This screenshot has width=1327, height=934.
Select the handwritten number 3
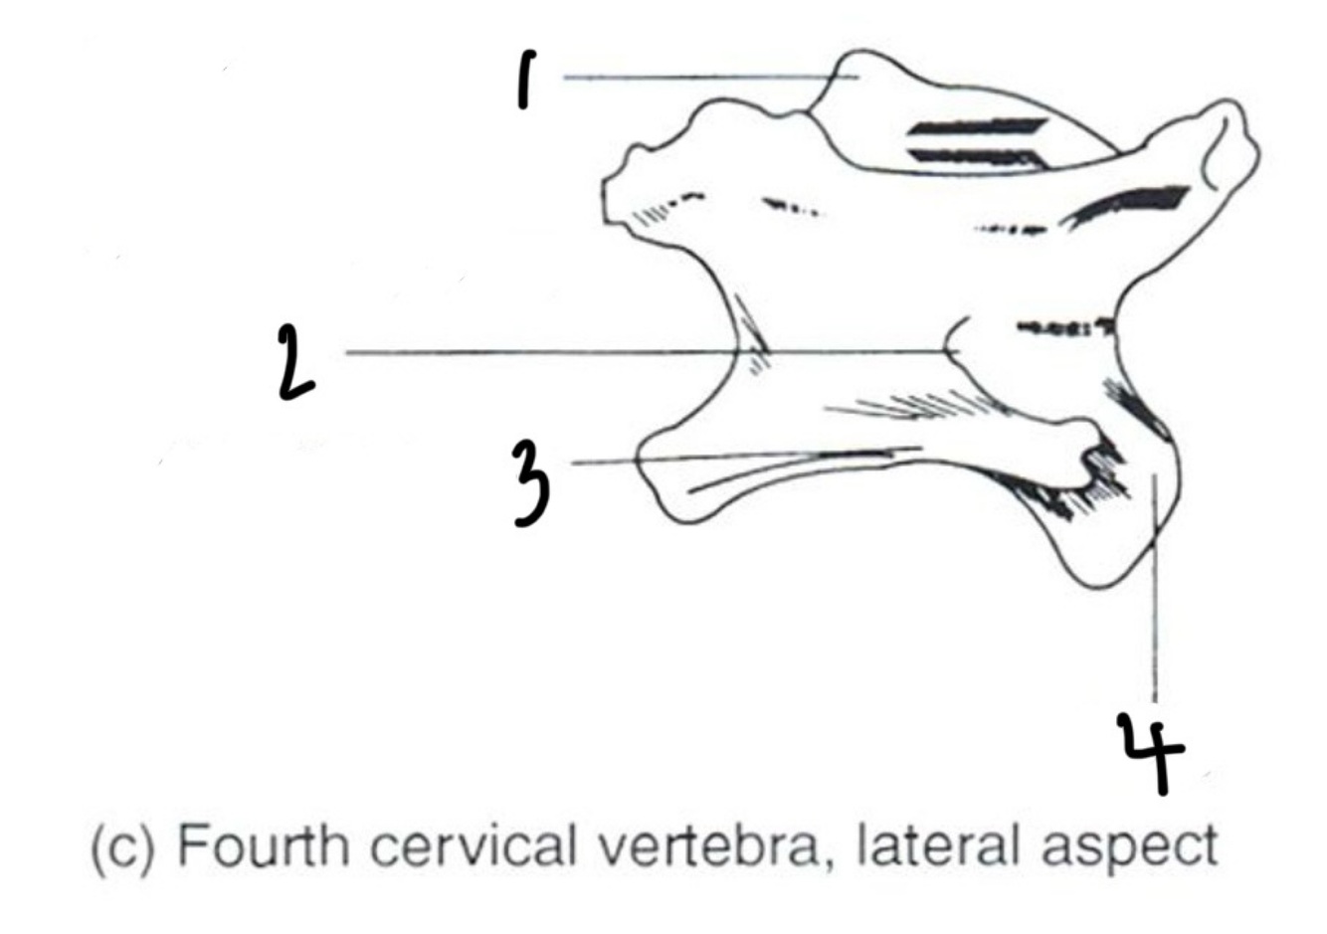pyautogui.click(x=531, y=483)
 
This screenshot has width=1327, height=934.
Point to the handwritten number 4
pyautogui.click(x=1150, y=753)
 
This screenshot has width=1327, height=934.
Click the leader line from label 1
pyautogui.click(x=696, y=77)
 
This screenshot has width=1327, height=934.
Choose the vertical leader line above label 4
pyautogui.click(x=1154, y=617)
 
